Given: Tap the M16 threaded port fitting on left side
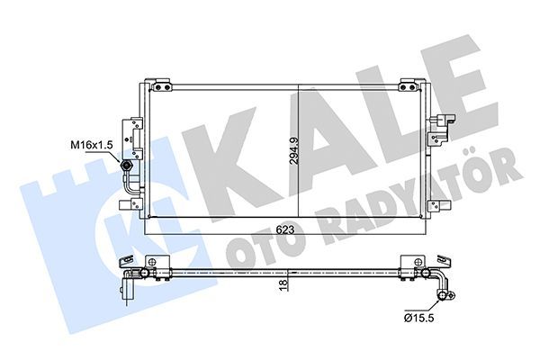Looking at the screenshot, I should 128,166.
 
